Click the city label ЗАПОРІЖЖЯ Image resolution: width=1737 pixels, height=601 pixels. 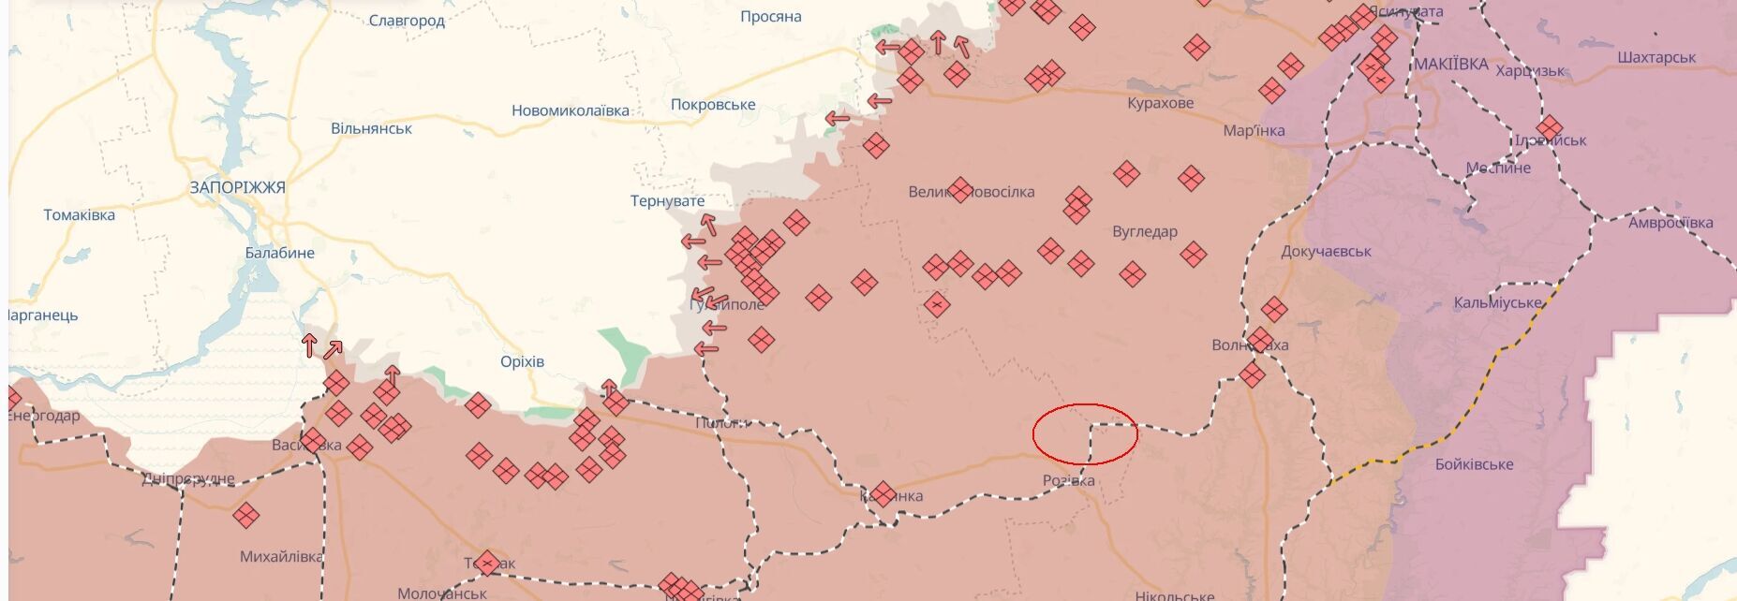coord(237,187)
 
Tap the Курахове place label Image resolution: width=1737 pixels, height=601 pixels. coord(1160,103)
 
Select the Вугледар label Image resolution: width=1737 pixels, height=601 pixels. coord(1145,231)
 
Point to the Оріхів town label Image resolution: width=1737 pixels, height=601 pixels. coord(522,361)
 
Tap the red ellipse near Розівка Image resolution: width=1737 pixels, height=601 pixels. coord(1085,433)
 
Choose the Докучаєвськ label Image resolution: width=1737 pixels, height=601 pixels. coord(1326,251)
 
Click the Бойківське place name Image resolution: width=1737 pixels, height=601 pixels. coord(1474,463)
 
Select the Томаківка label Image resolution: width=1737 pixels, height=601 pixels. coord(80,215)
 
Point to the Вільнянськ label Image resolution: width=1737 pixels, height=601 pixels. coord(371,128)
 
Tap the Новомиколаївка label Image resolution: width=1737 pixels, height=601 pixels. coord(571,110)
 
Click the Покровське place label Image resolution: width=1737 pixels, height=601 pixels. coord(713,105)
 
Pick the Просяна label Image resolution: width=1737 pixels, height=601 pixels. coord(771,17)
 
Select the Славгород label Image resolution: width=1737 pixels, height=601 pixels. coord(407,21)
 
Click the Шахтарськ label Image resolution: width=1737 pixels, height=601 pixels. coord(1656,57)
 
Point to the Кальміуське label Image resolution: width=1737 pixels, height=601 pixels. coord(1497,303)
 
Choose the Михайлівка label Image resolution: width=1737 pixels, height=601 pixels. coord(281,556)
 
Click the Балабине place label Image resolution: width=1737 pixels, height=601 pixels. coord(279,253)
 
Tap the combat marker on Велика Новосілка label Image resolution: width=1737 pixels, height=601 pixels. coord(960,190)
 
